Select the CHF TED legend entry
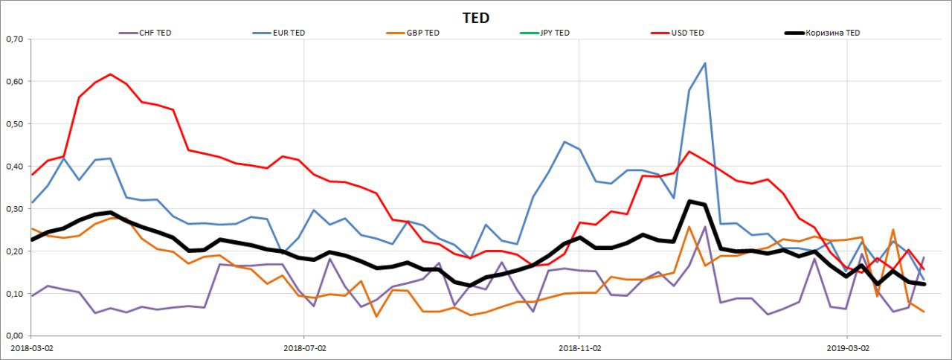coord(155,33)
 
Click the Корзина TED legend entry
coord(832,33)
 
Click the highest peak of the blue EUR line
coord(704,63)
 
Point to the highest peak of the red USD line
coord(110,74)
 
